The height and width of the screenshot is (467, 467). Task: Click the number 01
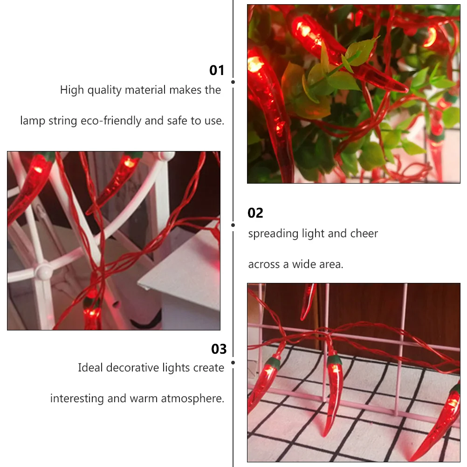coord(217,70)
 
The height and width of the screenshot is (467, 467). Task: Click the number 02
coord(255,213)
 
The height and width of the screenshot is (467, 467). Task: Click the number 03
coord(219,349)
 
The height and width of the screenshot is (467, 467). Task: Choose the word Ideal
coord(90,368)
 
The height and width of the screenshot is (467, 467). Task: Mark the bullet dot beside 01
coord(233,82)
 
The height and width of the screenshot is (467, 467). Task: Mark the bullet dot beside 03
coord(233,362)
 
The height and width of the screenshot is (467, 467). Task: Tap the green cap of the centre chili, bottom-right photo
coord(334,359)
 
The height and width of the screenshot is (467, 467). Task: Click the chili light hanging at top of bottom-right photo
coord(308,301)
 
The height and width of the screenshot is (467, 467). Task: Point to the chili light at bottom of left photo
coord(92,310)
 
